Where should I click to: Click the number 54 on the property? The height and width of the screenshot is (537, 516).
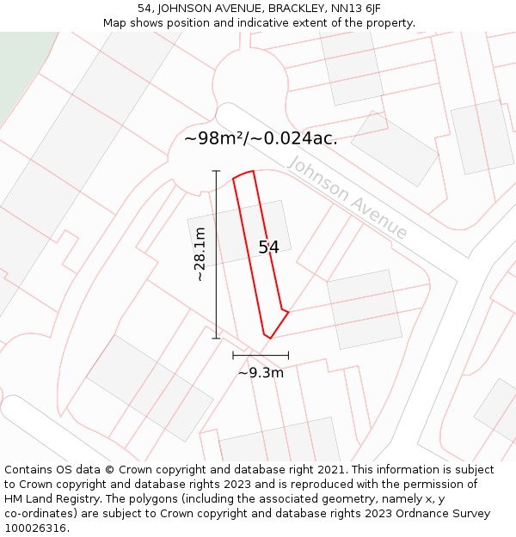[x=268, y=247]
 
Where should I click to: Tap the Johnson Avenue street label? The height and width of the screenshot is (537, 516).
[x=347, y=198]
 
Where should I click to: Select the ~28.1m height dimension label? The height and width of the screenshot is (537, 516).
[x=200, y=254]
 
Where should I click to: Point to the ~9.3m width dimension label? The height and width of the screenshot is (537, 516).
[x=261, y=373]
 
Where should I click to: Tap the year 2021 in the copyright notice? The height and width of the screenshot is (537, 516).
[x=330, y=470]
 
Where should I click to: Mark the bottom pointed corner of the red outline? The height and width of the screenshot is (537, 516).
[x=270, y=338]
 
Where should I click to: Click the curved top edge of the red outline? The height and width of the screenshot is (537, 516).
[x=243, y=174]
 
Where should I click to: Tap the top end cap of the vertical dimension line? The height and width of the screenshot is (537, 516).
[x=216, y=171]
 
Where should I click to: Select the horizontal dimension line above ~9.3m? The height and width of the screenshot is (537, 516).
[x=261, y=355]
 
